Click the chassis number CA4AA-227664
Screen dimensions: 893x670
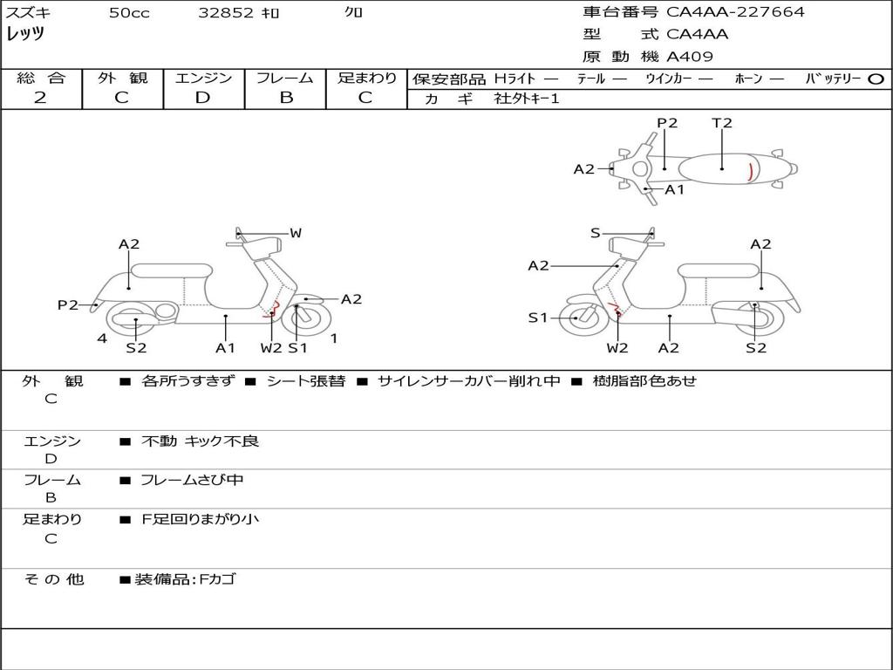click(735, 12)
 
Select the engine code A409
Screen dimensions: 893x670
click(690, 57)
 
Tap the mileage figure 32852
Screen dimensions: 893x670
click(226, 13)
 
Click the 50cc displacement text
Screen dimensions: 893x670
click(129, 13)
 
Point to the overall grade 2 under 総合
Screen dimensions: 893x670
click(40, 98)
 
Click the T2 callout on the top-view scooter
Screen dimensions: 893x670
click(722, 123)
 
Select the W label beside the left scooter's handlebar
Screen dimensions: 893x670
click(296, 233)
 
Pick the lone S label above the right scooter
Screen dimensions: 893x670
click(595, 233)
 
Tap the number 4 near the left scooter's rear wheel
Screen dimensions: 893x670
click(102, 338)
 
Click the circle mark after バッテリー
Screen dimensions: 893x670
click(876, 79)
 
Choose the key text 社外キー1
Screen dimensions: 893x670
click(527, 99)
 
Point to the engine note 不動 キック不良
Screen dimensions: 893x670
click(200, 441)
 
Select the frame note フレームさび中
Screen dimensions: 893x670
click(192, 480)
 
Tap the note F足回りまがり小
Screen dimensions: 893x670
click(200, 519)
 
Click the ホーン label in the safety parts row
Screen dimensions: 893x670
click(747, 79)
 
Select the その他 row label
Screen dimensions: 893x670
click(53, 579)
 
